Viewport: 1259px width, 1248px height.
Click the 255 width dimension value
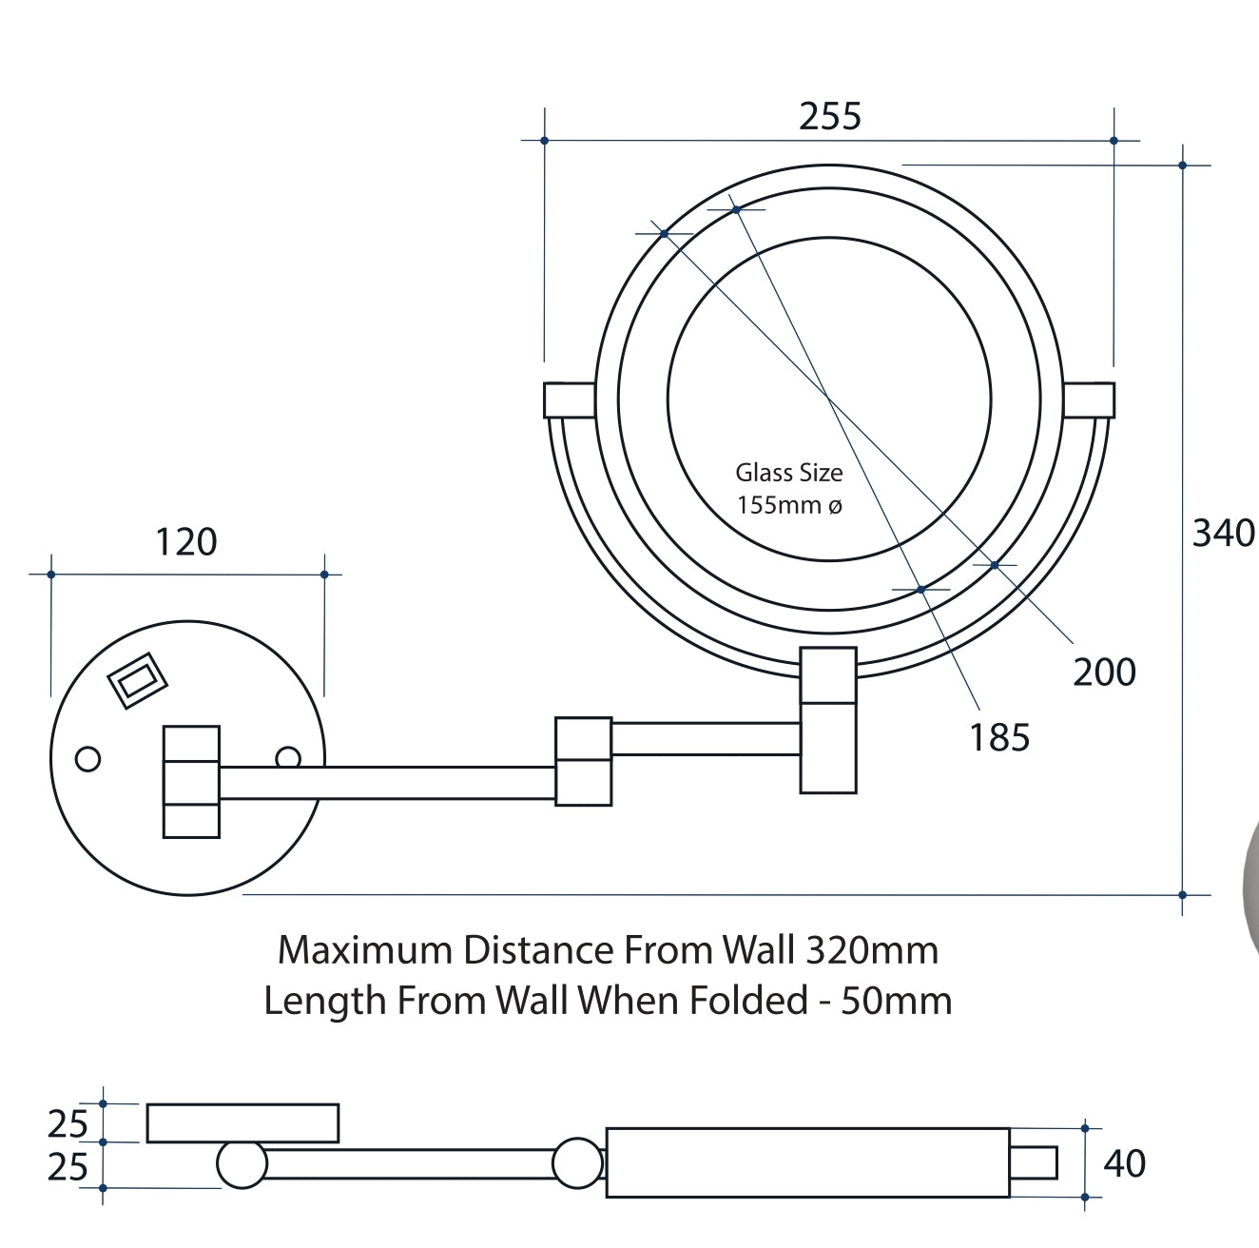830,116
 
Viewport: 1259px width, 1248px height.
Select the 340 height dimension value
1223,534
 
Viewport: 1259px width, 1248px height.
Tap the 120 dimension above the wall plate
186,542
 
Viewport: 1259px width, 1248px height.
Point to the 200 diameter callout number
1104,673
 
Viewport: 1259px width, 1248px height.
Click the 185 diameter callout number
999,738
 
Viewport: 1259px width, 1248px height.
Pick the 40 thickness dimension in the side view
1125,1164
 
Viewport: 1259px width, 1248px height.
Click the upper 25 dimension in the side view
68,1124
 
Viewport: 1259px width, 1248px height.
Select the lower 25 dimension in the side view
68,1167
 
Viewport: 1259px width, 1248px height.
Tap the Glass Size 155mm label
789,488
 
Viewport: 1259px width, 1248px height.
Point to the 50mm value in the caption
896,1001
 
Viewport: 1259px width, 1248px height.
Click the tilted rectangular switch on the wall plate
138,680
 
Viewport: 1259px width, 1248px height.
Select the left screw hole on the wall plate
87,759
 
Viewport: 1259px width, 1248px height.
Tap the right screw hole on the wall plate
287,757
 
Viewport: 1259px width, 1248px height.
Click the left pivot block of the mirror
569,400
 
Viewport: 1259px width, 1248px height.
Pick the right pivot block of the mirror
1089,400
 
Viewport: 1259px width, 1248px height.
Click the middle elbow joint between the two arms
583,761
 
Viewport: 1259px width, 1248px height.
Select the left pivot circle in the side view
242,1164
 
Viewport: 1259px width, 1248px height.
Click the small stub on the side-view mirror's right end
1034,1162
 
